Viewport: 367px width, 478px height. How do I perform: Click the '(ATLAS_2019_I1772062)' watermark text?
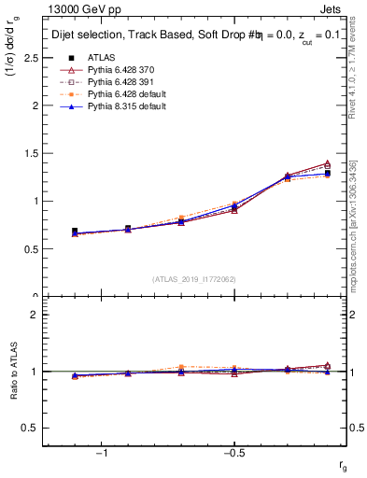[194, 278]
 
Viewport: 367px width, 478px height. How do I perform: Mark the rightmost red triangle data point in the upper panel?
[327, 163]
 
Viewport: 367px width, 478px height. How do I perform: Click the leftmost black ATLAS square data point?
[75, 231]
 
